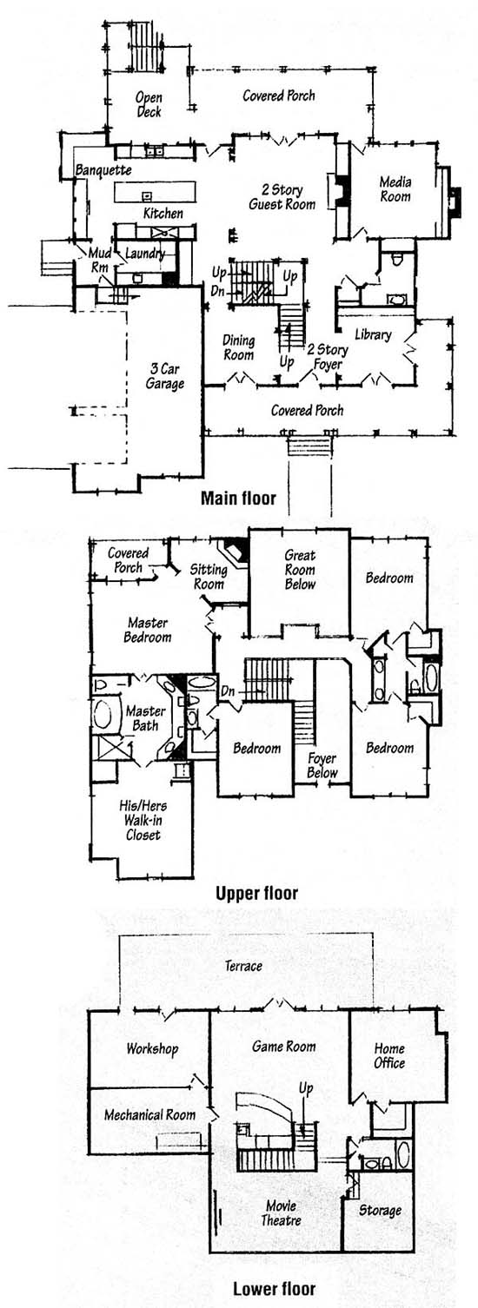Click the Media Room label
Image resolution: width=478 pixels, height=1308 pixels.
(x=395, y=189)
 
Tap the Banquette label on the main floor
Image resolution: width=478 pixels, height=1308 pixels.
(x=103, y=170)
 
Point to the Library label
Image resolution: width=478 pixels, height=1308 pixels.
(x=373, y=334)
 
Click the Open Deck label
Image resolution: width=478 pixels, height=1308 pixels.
(x=149, y=104)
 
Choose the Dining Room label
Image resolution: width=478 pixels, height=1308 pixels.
(x=238, y=347)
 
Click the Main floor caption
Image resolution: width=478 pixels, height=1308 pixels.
(x=238, y=498)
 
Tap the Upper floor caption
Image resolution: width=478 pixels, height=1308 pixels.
(x=256, y=894)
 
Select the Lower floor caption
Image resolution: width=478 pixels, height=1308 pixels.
(x=274, y=1289)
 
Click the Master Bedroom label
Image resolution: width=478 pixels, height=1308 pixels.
(x=148, y=630)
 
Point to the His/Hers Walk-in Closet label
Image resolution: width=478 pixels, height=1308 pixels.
(x=143, y=821)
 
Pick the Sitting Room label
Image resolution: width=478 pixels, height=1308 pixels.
(x=209, y=577)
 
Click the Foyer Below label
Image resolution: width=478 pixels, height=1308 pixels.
(x=322, y=765)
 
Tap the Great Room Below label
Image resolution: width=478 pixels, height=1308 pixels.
(x=301, y=570)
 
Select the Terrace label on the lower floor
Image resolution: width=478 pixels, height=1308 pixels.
(x=243, y=966)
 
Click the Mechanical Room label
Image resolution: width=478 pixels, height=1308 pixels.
(x=149, y=1114)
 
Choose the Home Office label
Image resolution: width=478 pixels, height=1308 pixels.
(x=389, y=1055)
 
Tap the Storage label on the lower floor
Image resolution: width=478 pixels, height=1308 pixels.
(x=380, y=1211)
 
